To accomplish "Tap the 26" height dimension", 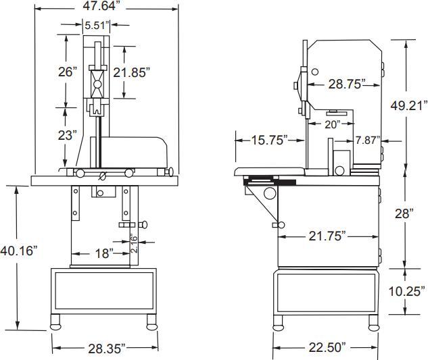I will click(67, 71).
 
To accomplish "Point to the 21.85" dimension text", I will click(131, 71).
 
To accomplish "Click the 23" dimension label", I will click(67, 134).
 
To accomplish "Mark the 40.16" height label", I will click(19, 251).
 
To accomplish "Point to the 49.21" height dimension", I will click(409, 105).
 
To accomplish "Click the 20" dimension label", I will click(331, 124).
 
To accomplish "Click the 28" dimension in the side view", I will click(404, 213).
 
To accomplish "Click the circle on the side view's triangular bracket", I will click(270, 195).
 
